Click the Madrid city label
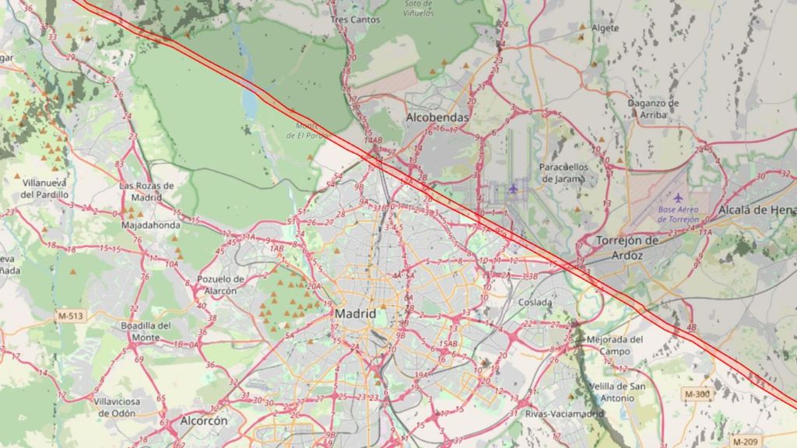click(355, 313)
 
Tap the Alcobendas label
click(437, 117)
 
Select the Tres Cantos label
click(355, 19)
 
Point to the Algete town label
click(605, 28)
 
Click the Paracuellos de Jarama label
click(564, 172)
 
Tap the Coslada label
click(535, 303)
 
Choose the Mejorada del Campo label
click(615, 345)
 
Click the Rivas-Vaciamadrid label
click(564, 414)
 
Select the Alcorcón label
click(204, 421)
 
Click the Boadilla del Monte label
click(146, 331)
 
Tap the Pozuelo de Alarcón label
click(221, 285)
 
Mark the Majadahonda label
click(151, 226)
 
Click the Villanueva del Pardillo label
click(44, 187)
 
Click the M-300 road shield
click(697, 394)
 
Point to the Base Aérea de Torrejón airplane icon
click(678, 198)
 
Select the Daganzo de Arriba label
click(653, 108)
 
